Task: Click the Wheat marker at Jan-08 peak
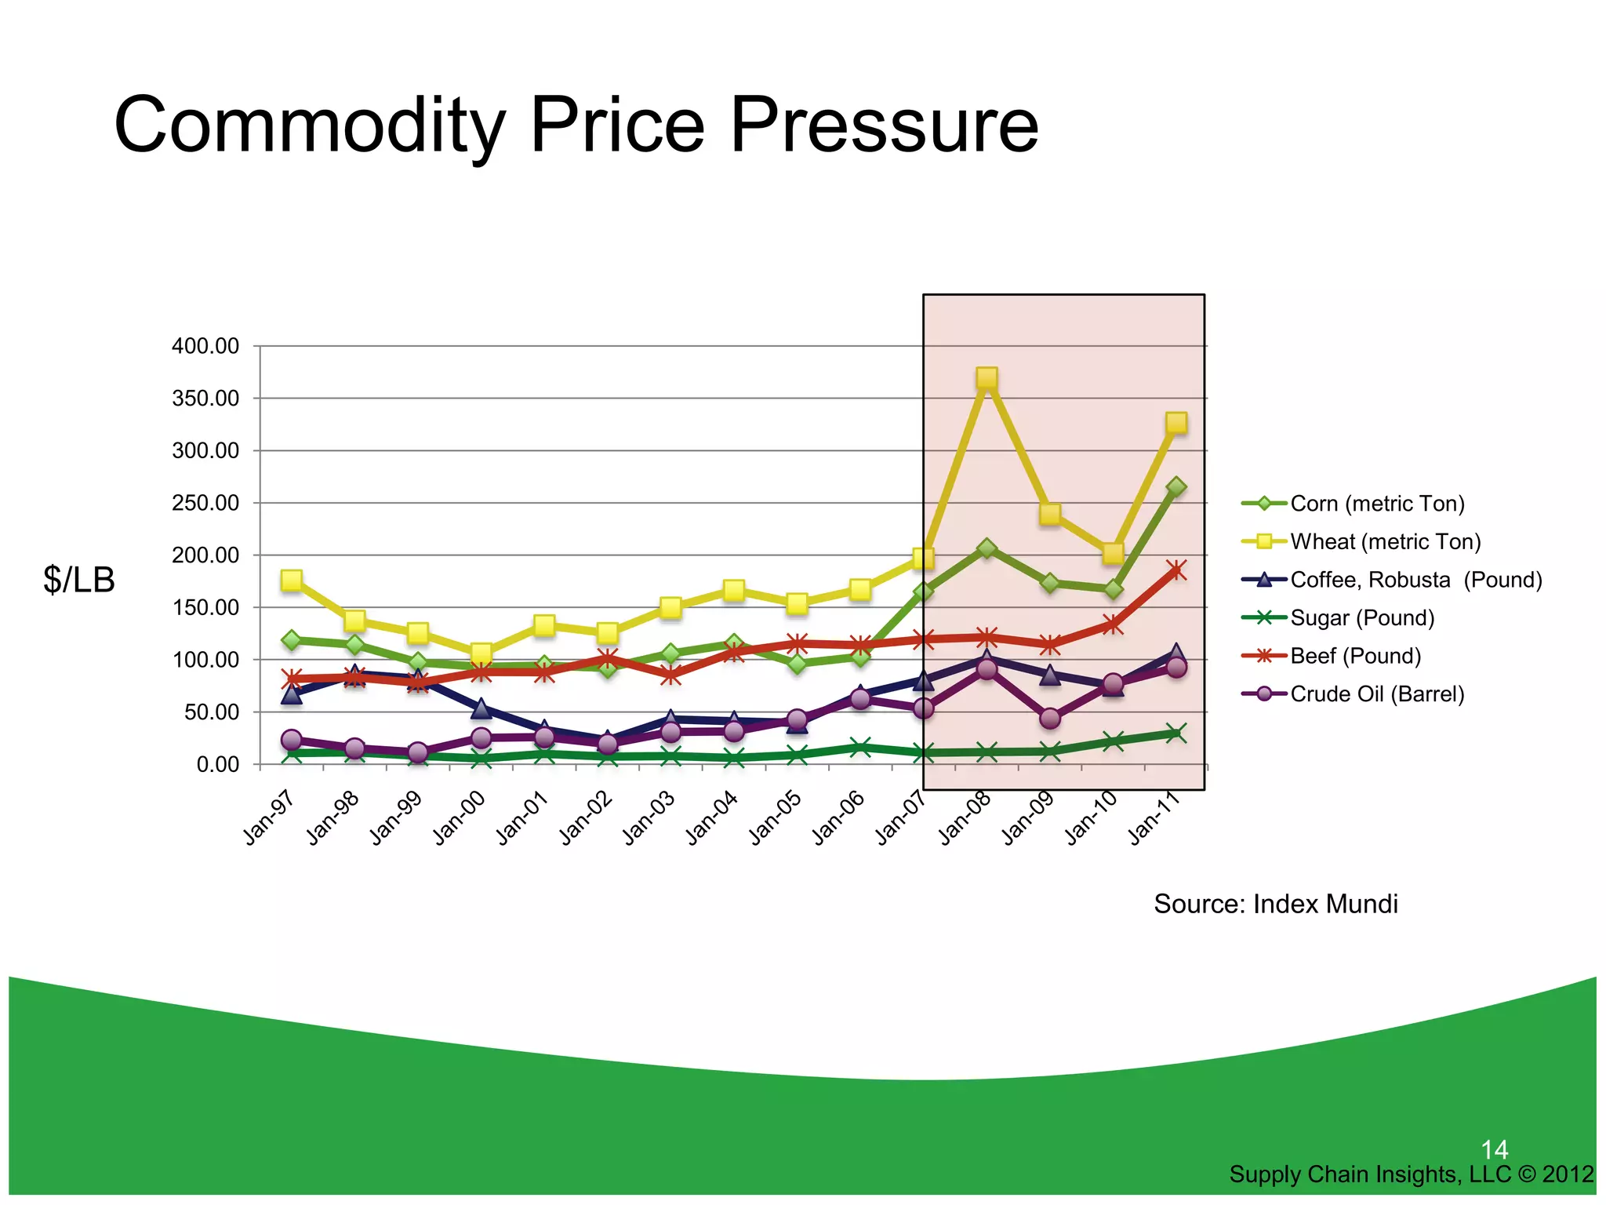click(986, 378)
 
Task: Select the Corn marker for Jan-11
click(1175, 487)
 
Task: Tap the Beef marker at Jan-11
click(1175, 570)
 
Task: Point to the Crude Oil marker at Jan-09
click(1050, 718)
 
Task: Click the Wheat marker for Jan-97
click(292, 581)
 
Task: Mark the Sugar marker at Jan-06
click(860, 748)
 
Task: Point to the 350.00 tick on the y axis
click(205, 399)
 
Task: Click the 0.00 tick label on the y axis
click(217, 764)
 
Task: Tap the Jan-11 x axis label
click(1154, 818)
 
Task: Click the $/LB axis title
click(79, 580)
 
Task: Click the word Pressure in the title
click(884, 126)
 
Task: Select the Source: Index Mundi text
click(1275, 904)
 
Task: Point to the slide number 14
click(1494, 1150)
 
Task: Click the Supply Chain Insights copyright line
click(1411, 1174)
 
